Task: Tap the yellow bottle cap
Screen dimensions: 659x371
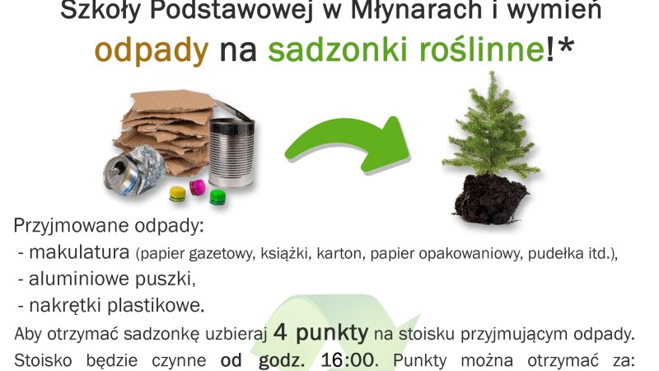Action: pyautogui.click(x=177, y=193)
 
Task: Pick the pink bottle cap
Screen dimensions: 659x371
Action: pyautogui.click(x=197, y=187)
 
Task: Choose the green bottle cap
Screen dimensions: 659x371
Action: pyautogui.click(x=217, y=197)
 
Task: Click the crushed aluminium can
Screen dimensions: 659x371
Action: pyautogui.click(x=134, y=171)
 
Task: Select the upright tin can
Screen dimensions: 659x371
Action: pyautogui.click(x=231, y=152)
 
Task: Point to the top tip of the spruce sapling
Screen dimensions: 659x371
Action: pyautogui.click(x=491, y=72)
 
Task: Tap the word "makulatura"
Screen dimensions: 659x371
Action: pyautogui.click(x=79, y=252)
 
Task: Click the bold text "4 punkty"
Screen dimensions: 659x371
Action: pyautogui.click(x=320, y=333)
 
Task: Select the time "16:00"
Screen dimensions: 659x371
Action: pyautogui.click(x=348, y=360)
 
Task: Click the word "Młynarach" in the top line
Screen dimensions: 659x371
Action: pyautogui.click(x=416, y=11)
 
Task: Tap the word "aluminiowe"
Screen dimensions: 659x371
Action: pyautogui.click(x=78, y=279)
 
